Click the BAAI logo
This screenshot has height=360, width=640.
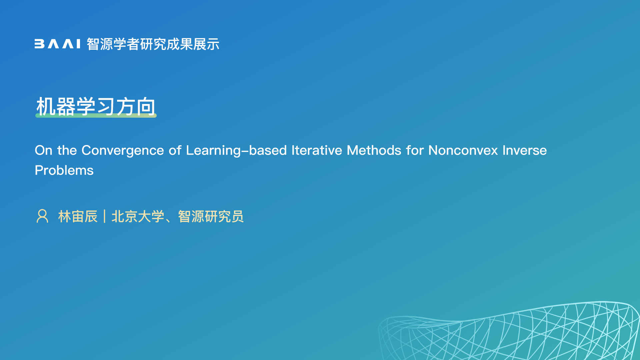tap(57, 44)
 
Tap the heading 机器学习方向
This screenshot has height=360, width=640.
tap(96, 106)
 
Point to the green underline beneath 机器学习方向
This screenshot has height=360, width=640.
tap(96, 115)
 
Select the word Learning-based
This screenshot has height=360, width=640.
tap(236, 151)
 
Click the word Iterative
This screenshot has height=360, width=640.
tap(317, 150)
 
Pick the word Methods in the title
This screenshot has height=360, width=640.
tap(374, 150)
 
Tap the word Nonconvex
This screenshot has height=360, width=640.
tap(463, 150)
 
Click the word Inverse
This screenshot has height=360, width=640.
tap(525, 150)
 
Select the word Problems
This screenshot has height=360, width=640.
tap(64, 170)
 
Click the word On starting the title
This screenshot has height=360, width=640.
tap(44, 150)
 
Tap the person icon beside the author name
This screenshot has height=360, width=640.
tap(42, 216)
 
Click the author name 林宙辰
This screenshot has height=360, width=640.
tap(78, 216)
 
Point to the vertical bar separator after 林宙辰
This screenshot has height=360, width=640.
tap(105, 216)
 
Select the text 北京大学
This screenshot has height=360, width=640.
tap(138, 216)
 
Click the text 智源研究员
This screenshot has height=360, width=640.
tap(211, 216)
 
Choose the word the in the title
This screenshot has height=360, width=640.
tap(67, 150)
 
